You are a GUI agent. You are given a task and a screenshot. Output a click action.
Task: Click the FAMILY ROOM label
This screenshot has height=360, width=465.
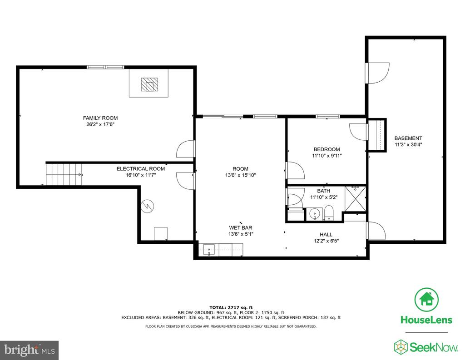(100, 118)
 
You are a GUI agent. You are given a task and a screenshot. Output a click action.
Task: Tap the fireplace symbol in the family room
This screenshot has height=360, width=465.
(149, 85)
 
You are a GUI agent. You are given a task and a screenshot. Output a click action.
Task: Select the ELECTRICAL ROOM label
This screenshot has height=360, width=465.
(141, 169)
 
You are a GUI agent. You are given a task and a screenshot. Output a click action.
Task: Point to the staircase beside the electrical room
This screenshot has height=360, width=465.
(64, 174)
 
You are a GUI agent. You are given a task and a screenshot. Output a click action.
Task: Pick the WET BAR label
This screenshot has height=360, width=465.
(241, 228)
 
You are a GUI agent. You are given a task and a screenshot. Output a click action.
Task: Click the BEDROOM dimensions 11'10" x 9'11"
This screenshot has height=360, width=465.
(327, 156)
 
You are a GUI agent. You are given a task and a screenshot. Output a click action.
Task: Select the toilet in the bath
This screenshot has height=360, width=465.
(329, 213)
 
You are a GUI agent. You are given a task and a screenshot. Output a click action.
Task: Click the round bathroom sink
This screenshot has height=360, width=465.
(314, 213)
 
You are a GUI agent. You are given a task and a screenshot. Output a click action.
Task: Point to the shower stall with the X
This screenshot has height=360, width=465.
(355, 199)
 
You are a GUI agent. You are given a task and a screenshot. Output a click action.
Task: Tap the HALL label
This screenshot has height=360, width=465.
(326, 235)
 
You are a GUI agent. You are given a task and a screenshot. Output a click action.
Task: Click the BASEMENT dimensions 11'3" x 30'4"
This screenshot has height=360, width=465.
(408, 145)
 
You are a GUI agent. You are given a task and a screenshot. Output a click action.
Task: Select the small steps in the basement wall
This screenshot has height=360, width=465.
(377, 135)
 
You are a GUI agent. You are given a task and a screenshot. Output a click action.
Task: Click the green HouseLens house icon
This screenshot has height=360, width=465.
(426, 299)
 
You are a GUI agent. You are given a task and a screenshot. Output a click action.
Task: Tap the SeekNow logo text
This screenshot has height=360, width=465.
(434, 347)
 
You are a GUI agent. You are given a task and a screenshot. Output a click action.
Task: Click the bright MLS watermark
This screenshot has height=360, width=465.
(30, 350)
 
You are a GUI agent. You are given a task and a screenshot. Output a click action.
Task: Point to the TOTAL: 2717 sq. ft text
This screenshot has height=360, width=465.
(231, 307)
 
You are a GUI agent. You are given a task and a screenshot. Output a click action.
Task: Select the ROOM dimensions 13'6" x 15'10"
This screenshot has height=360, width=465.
(241, 175)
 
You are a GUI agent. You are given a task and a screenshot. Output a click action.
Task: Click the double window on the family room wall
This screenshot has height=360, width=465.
(105, 67)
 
